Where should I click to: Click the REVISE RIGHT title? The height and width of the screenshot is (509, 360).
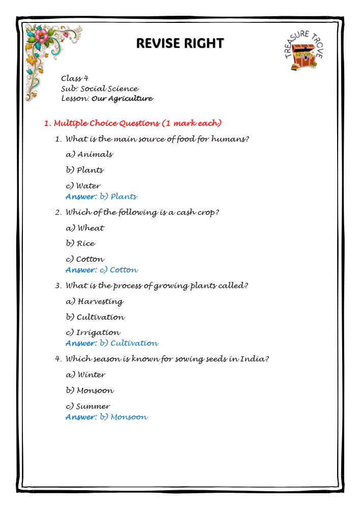pyautogui.click(x=180, y=43)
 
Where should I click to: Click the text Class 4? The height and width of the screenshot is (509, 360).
pyautogui.click(x=74, y=78)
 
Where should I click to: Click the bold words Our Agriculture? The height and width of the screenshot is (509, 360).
pyautogui.click(x=122, y=98)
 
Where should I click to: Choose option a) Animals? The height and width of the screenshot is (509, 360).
pyautogui.click(x=90, y=154)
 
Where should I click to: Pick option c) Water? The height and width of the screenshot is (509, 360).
pyautogui.click(x=84, y=186)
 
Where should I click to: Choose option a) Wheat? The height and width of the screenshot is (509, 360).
pyautogui.click(x=85, y=228)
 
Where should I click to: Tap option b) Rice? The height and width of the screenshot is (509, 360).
pyautogui.click(x=80, y=243)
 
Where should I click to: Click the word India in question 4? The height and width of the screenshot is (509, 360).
pyautogui.click(x=257, y=359)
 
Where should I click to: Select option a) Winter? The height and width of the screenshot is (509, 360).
pyautogui.click(x=86, y=375)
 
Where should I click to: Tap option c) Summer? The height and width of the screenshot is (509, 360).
pyautogui.click(x=88, y=406)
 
